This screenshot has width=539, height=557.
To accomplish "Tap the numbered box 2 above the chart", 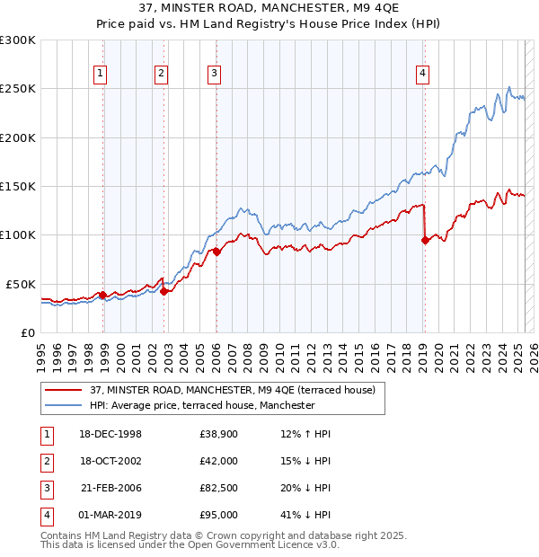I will coord(161,75).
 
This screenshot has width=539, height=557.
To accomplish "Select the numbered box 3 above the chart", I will coord(215,75).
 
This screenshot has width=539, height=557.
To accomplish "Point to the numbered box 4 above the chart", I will coord(421,75).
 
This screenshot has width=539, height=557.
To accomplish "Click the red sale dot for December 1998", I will coord(103,295).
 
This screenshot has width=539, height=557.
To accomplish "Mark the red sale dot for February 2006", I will coord(216,252).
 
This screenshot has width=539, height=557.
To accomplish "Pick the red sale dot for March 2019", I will coord(425,240).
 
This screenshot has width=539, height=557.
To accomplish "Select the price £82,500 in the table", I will coord(217,488).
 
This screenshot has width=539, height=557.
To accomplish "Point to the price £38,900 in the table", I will coord(217,434).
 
